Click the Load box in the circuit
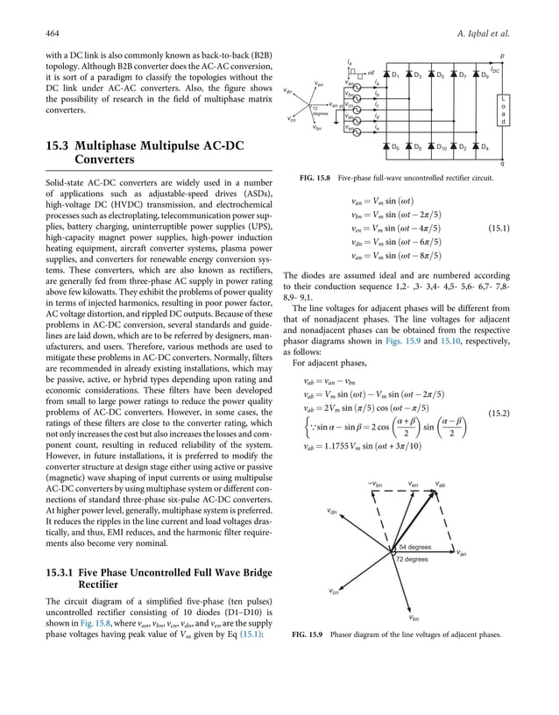[x=501, y=110]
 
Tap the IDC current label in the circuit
[x=495, y=68]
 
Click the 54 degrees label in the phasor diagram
[x=413, y=547]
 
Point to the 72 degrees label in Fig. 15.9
[x=411, y=558]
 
